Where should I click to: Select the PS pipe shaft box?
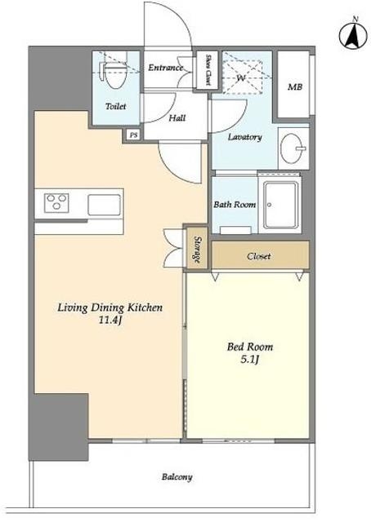pyautogui.click(x=134, y=135)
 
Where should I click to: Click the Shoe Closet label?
pyautogui.click(x=208, y=70)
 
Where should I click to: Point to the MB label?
pyautogui.click(x=295, y=87)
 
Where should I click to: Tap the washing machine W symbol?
pyautogui.click(x=241, y=78)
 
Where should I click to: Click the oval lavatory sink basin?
pyautogui.click(x=292, y=148)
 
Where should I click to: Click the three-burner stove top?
pyautogui.click(x=56, y=202)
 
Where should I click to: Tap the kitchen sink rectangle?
pyautogui.click(x=104, y=205)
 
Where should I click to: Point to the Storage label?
pyautogui.click(x=197, y=250)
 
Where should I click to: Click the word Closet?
pyautogui.click(x=258, y=256)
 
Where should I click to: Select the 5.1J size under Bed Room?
pyautogui.click(x=250, y=360)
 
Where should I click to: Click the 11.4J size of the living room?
pyautogui.click(x=110, y=321)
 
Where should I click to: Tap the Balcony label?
pyautogui.click(x=177, y=477)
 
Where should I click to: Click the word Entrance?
pyautogui.click(x=166, y=68)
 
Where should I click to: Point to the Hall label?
pyautogui.click(x=177, y=117)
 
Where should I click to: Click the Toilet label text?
pyautogui.click(x=115, y=106)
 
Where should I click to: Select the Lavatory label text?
pyautogui.click(x=244, y=137)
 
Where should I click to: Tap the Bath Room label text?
pyautogui.click(x=235, y=205)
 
